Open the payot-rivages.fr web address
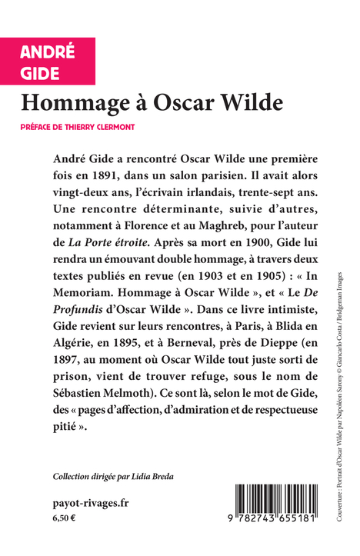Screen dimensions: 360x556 [x=92, y=502]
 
